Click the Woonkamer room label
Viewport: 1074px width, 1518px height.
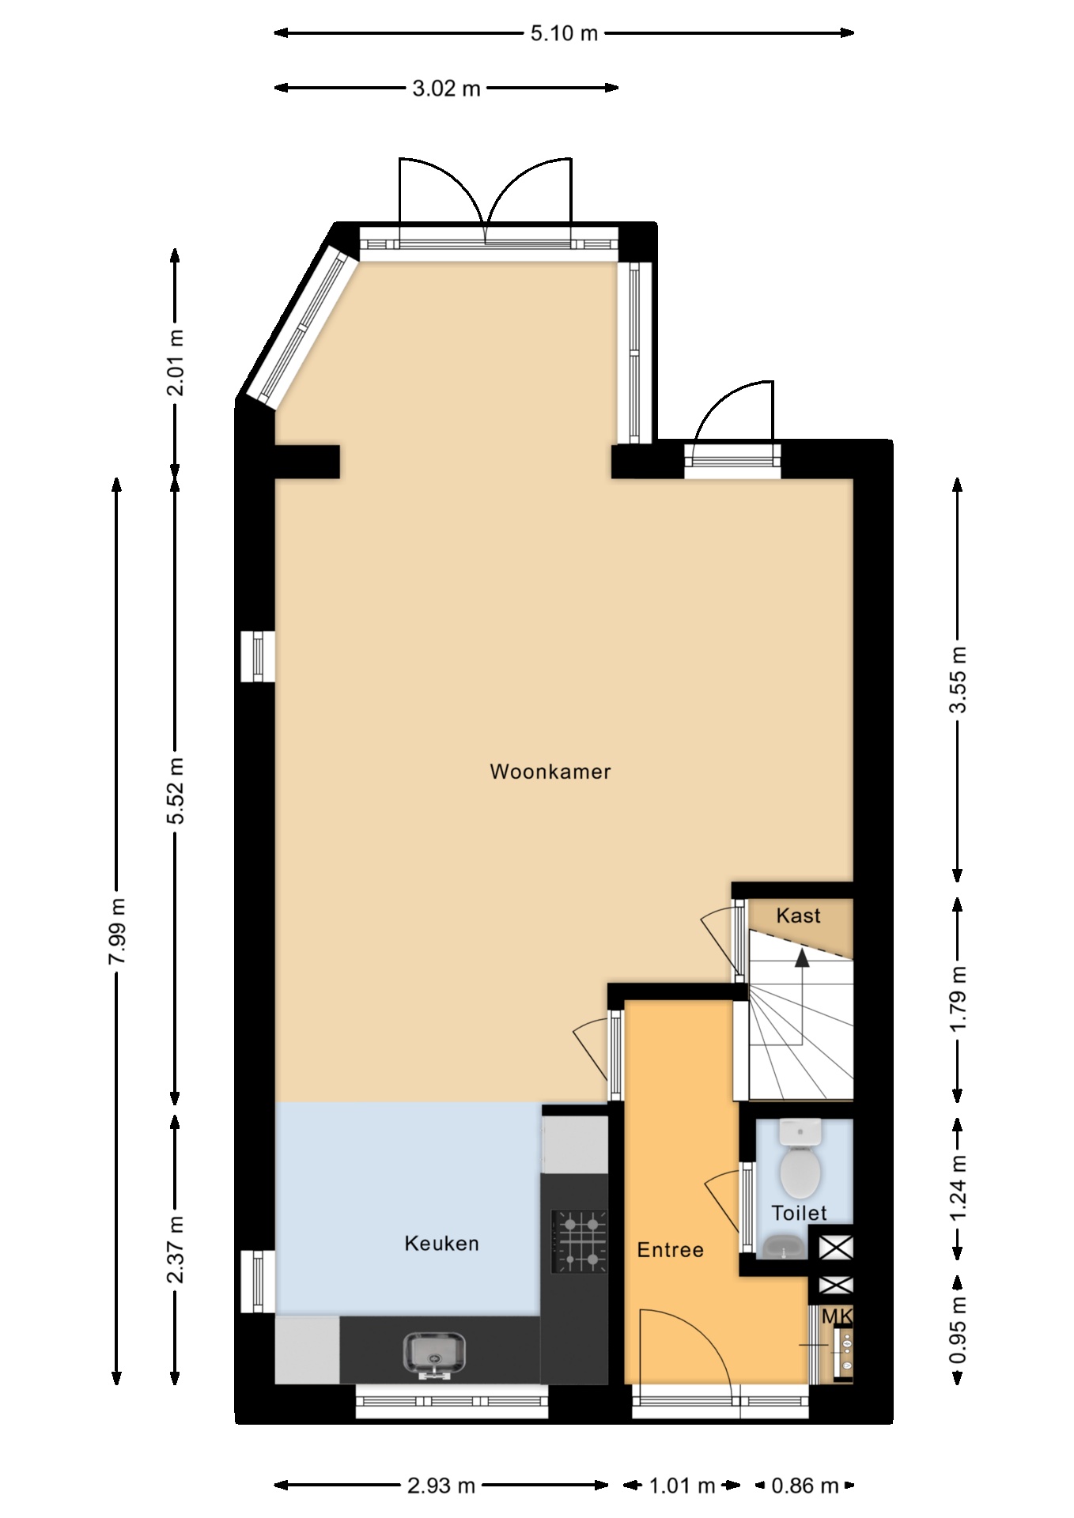pyautogui.click(x=550, y=772)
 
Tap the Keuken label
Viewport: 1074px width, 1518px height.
pyautogui.click(x=441, y=1244)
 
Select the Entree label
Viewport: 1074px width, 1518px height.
pyautogui.click(x=671, y=1250)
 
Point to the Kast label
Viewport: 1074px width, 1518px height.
pyautogui.click(x=798, y=916)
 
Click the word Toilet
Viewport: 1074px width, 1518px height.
pyautogui.click(x=799, y=1213)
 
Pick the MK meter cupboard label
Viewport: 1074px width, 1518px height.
pyautogui.click(x=838, y=1316)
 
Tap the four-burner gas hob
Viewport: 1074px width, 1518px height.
pyautogui.click(x=580, y=1242)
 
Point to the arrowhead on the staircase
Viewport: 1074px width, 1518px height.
pyautogui.click(x=802, y=958)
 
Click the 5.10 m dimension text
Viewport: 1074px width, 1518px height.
pyautogui.click(x=564, y=33)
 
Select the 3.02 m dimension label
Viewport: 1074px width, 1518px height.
pyautogui.click(x=446, y=89)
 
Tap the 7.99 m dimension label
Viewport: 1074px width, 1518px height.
pyautogui.click(x=117, y=931)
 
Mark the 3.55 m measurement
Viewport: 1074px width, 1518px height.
pyautogui.click(x=958, y=680)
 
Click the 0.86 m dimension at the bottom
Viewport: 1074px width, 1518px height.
pyautogui.click(x=804, y=1486)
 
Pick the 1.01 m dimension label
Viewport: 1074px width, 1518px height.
pyautogui.click(x=682, y=1486)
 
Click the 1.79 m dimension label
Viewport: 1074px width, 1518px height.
pyautogui.click(x=958, y=999)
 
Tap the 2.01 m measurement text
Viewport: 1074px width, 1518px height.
pyautogui.click(x=176, y=362)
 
